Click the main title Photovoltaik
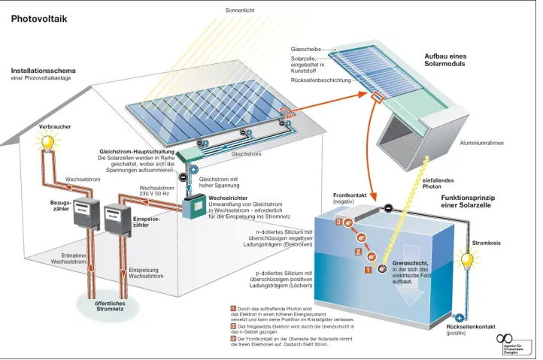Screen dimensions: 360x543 (x=39, y=20)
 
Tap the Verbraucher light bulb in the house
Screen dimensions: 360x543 (x=50, y=141)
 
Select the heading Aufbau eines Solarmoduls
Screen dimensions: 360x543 (x=445, y=59)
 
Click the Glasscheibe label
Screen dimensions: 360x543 (x=306, y=49)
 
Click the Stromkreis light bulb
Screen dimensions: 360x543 (x=468, y=261)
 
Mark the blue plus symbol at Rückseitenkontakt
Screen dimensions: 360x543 (x=459, y=318)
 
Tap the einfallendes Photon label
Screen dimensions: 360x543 (x=438, y=183)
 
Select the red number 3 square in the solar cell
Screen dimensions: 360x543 (x=339, y=222)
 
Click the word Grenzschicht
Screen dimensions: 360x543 (x=409, y=263)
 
